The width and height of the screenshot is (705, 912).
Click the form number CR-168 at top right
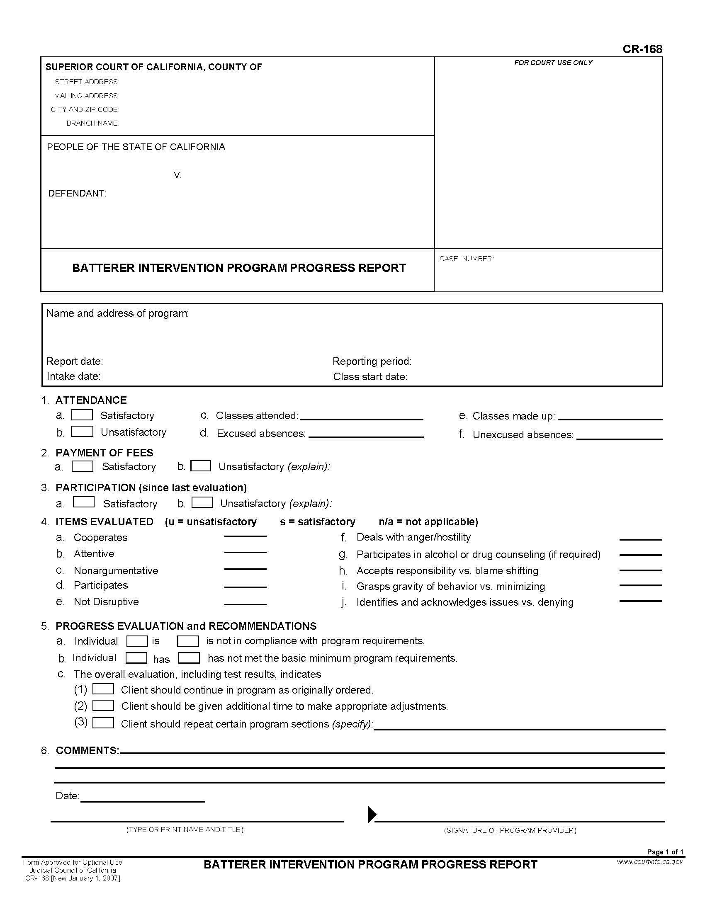point(642,49)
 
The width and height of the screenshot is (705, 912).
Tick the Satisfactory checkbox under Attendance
point(82,415)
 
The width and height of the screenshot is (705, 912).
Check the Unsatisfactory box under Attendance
point(82,432)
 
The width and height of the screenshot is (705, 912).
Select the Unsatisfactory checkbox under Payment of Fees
point(200,466)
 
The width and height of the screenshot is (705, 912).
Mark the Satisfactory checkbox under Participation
point(83,502)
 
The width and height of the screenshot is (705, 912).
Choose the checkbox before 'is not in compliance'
point(187,640)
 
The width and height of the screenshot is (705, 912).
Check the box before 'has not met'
point(189,658)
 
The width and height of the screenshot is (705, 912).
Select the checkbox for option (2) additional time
point(103,705)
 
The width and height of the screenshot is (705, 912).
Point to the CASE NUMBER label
point(466,259)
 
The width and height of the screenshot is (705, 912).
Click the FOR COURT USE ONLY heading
point(553,63)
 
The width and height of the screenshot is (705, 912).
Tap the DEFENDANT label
point(77,193)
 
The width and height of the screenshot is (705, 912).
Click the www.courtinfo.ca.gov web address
point(650,861)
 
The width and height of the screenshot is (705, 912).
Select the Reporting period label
point(372,361)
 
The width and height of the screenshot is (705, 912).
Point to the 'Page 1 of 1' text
point(665,852)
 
